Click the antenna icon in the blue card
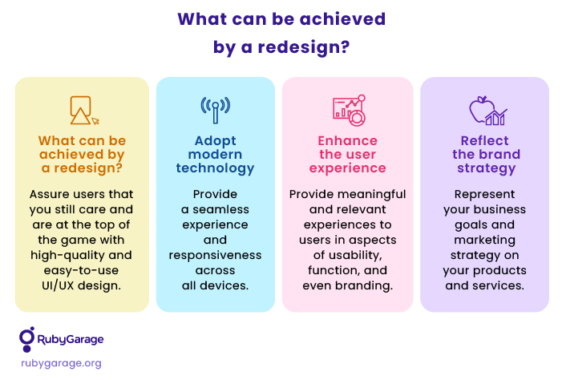[215, 110]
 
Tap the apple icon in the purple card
[481, 109]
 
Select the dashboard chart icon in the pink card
[349, 110]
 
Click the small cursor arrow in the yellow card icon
[95, 121]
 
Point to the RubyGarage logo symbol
[27, 339]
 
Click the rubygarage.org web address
[61, 363]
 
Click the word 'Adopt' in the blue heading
[216, 141]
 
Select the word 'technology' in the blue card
[215, 168]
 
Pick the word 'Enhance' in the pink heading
[348, 140]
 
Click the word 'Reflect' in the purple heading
[484, 140]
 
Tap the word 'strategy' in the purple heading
[487, 168]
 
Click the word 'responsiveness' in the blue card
[215, 256]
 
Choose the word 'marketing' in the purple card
[484, 241]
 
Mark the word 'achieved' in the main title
[342, 19]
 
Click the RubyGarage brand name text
[71, 339]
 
